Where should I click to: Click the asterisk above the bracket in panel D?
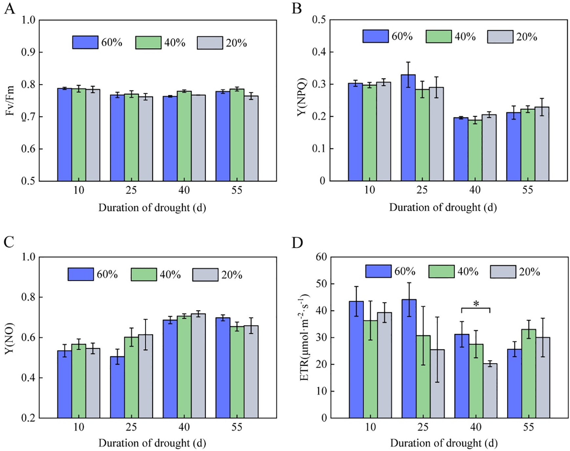point(476,304)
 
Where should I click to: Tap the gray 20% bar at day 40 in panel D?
point(490,390)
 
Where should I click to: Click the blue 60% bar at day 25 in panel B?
point(408,128)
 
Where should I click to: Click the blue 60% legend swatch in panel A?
point(85,42)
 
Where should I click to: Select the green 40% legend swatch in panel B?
point(438,36)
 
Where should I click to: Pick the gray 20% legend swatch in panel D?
point(503,272)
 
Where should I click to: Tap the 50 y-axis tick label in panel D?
point(321,284)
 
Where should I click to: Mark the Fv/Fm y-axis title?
point(10,101)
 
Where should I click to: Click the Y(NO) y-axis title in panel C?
point(10,338)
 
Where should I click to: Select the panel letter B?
point(296,9)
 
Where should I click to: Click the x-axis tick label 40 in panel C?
point(184,427)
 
